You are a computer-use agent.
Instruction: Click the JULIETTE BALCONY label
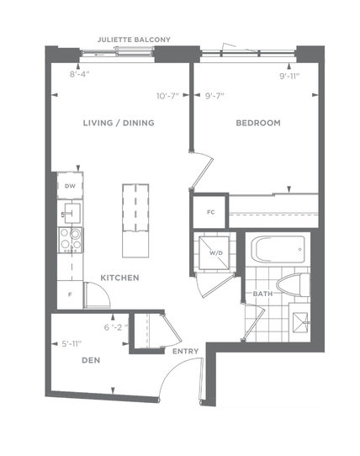[134, 40]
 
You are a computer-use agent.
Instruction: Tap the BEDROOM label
[258, 123]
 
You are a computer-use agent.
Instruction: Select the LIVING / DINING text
[119, 123]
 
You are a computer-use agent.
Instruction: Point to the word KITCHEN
[119, 278]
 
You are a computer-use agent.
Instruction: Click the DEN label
[91, 360]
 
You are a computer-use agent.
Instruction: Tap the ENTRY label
[186, 352]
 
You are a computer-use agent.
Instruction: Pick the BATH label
[263, 294]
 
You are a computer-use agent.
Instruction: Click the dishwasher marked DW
[70, 186]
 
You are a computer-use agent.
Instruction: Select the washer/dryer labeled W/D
[214, 252]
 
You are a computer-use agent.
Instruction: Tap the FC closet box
[209, 212]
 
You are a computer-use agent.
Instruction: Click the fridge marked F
[70, 294]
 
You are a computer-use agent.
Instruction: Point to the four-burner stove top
[71, 241]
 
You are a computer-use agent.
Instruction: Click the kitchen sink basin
[71, 214]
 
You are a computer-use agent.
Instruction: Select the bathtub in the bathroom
[278, 250]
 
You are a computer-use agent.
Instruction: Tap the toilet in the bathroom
[293, 285]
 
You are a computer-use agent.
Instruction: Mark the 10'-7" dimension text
[167, 96]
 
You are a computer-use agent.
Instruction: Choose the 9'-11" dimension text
[289, 77]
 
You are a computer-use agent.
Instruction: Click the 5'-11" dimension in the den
[71, 344]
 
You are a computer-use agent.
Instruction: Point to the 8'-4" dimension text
[79, 74]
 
